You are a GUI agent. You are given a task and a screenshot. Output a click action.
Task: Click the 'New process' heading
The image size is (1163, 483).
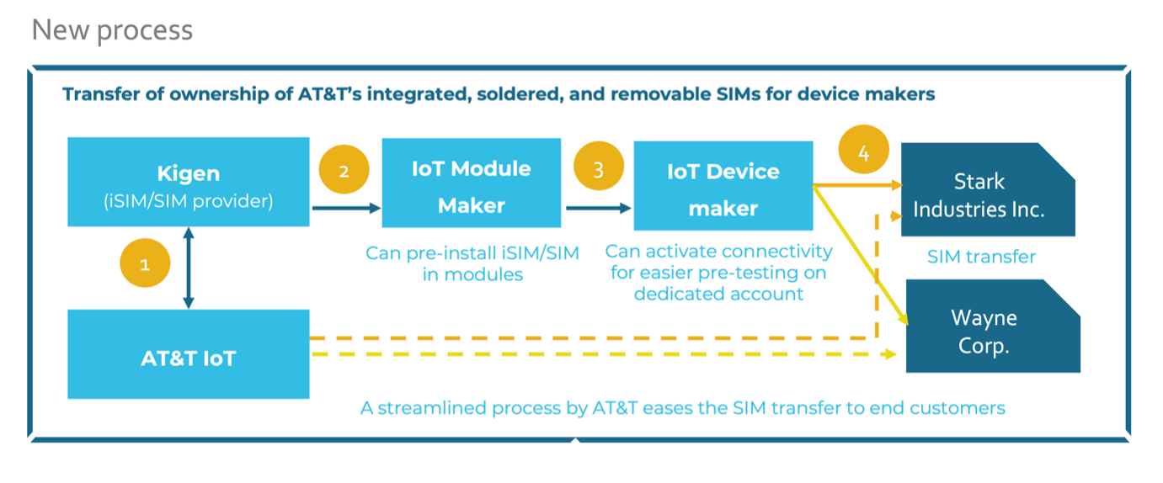pyautogui.click(x=112, y=30)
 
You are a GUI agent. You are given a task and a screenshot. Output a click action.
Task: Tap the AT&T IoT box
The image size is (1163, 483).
pyautogui.click(x=188, y=354)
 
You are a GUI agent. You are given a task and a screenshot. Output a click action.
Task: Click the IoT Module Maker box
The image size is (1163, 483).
pyautogui.click(x=471, y=183)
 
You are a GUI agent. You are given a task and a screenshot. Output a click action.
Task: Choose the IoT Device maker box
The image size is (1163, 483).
pyautogui.click(x=723, y=186)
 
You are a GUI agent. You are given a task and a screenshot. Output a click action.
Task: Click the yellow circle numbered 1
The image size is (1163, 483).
pyautogui.click(x=144, y=264)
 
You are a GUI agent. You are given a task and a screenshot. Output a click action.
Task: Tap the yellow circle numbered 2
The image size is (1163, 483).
pyautogui.click(x=344, y=170)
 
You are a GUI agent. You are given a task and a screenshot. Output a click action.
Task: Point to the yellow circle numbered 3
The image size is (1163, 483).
pyautogui.click(x=598, y=169)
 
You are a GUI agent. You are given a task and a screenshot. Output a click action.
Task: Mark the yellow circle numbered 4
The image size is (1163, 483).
pyautogui.click(x=863, y=152)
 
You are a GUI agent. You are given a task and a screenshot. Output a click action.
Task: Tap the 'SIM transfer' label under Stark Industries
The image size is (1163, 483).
pyautogui.click(x=981, y=257)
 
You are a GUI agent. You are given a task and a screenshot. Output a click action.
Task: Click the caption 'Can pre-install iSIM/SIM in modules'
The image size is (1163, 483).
pyautogui.click(x=472, y=263)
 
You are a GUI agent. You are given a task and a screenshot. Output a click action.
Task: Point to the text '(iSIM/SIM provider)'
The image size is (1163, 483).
pyautogui.click(x=189, y=202)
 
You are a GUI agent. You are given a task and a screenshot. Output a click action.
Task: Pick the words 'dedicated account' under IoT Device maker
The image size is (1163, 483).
pyautogui.click(x=718, y=294)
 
